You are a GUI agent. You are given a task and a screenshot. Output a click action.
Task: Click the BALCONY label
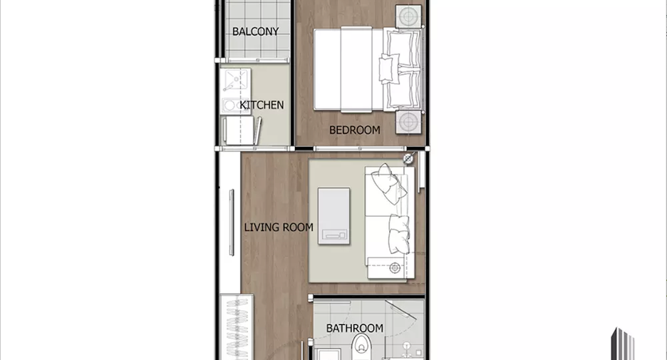coord(255,31)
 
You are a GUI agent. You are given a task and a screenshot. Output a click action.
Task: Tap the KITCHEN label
coord(262,105)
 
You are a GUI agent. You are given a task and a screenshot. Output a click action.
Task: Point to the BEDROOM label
coord(355,130)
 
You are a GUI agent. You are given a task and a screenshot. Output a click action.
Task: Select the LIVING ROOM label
coord(279,227)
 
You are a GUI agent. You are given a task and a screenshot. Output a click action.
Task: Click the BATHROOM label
coord(355,328)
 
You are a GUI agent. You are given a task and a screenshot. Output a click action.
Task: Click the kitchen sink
coord(235,80)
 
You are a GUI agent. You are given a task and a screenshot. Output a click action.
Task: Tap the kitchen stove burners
coord(235,105)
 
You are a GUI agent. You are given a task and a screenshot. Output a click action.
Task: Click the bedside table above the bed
coord(409,16)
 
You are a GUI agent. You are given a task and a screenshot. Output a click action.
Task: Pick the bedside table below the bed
coord(409,122)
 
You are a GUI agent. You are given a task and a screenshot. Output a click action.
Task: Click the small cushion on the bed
coord(390,68)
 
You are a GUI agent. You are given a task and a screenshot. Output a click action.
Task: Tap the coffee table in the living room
coord(334,216)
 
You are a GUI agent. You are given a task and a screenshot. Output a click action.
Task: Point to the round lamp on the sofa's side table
coord(395,268)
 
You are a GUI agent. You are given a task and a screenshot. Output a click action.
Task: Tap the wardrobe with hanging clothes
coord(237,326)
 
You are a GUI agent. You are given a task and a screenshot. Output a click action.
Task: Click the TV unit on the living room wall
coord(232,222)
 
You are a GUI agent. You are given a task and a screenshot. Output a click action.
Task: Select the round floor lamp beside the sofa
coord(408,159)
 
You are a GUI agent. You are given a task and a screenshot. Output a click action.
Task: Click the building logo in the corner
coord(623,344)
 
